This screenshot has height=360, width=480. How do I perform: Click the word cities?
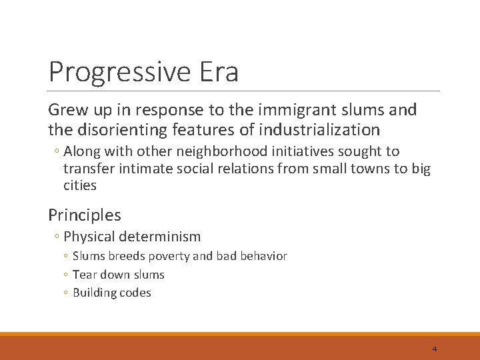pyautogui.click(x=80, y=185)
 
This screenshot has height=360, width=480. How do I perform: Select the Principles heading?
pyautogui.click(x=85, y=215)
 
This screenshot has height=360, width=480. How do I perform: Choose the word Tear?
pyautogui.click(x=84, y=274)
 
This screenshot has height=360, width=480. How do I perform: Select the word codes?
pyautogui.click(x=134, y=293)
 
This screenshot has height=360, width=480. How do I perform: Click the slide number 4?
pyautogui.click(x=434, y=349)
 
